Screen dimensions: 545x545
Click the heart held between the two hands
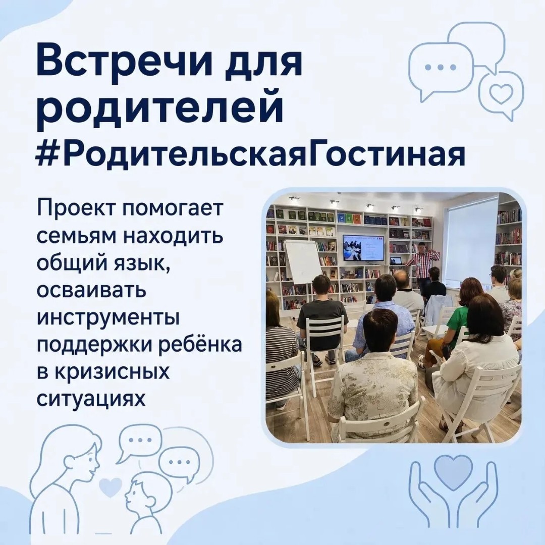click(452, 470)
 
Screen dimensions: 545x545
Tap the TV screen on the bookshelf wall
click(363, 247)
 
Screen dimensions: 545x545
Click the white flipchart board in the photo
click(302, 261)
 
